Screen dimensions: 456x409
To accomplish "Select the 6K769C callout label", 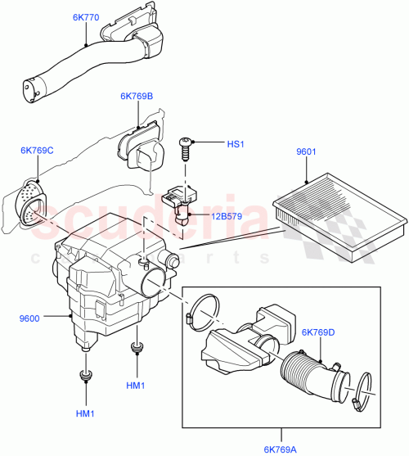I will [38, 150].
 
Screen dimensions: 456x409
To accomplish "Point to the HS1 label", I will [236, 144].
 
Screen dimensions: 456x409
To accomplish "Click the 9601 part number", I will [306, 152].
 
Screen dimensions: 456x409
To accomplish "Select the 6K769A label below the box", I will [280, 447].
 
